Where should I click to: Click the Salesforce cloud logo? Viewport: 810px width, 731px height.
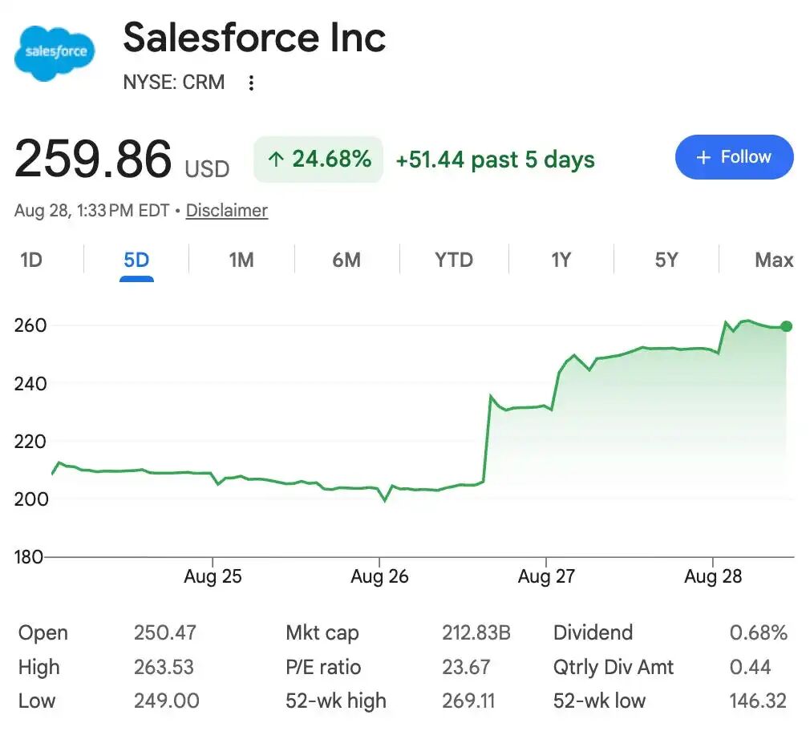point(55,53)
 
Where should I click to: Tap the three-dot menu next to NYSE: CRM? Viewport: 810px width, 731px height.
point(251,83)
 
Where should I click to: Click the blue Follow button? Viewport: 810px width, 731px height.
point(734,157)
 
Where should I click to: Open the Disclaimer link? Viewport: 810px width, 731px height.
point(227,211)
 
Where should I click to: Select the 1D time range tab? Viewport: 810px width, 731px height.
point(31,260)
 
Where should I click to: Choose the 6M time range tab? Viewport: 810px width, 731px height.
point(346,260)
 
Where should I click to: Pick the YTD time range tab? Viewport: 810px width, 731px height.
point(454,260)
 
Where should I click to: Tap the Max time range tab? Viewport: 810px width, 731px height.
point(774,260)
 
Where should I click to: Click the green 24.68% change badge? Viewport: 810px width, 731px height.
point(318,159)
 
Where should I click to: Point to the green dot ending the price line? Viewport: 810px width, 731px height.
point(786,326)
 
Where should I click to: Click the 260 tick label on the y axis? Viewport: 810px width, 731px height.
point(30,325)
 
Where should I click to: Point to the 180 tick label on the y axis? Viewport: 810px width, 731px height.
point(28,557)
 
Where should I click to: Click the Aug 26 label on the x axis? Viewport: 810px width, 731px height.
point(379,576)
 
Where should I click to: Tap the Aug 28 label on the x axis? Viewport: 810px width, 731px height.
point(713,576)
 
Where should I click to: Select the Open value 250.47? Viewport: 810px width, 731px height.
point(164,632)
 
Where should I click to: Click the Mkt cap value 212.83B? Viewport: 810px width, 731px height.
point(476,632)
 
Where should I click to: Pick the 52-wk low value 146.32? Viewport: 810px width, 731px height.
point(758,701)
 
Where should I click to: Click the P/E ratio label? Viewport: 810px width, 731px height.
point(323,667)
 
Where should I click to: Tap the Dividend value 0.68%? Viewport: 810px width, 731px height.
point(759,632)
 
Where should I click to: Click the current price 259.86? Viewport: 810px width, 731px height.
point(93,159)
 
